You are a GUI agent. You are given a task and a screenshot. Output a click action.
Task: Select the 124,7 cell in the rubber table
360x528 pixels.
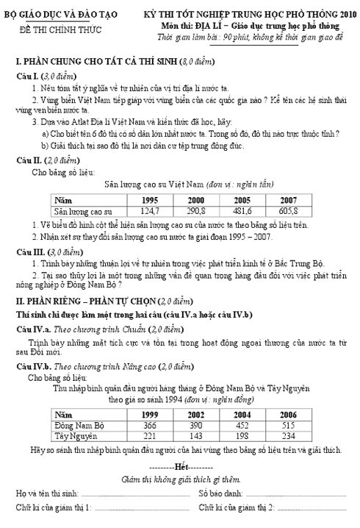point(150,210)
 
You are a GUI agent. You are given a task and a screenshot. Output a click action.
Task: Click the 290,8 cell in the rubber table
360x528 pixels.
point(196,210)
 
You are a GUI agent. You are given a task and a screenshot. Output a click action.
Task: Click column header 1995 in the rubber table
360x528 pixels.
point(150,199)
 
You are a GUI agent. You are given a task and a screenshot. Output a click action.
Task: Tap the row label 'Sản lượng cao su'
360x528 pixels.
point(83,210)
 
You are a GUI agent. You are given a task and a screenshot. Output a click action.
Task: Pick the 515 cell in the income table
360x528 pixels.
point(289,425)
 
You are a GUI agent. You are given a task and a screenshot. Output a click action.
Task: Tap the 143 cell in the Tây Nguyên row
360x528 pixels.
point(196,435)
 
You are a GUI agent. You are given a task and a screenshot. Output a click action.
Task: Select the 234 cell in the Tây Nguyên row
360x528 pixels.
point(289,435)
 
